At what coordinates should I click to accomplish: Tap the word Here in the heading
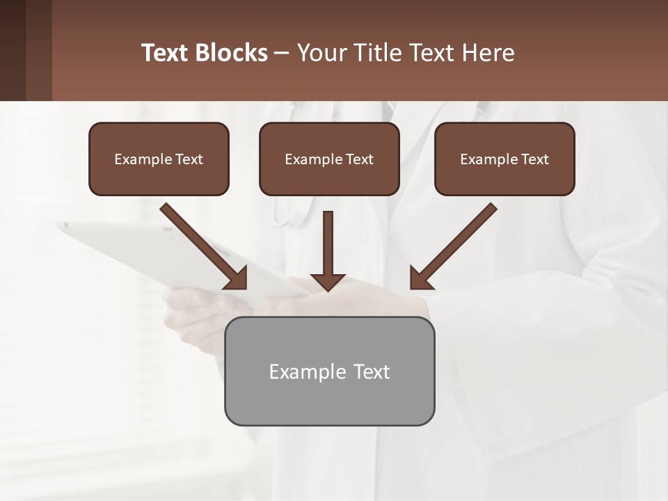click(x=488, y=53)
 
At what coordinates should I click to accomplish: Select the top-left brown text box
click(x=159, y=159)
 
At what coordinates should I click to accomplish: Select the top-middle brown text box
click(x=329, y=159)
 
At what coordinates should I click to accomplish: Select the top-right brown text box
click(x=504, y=159)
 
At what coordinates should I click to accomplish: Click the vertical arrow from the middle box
click(x=328, y=244)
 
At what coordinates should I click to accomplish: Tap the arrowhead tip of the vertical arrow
click(x=328, y=288)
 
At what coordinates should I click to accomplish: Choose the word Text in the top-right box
click(x=534, y=159)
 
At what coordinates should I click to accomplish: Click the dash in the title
click(x=282, y=54)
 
